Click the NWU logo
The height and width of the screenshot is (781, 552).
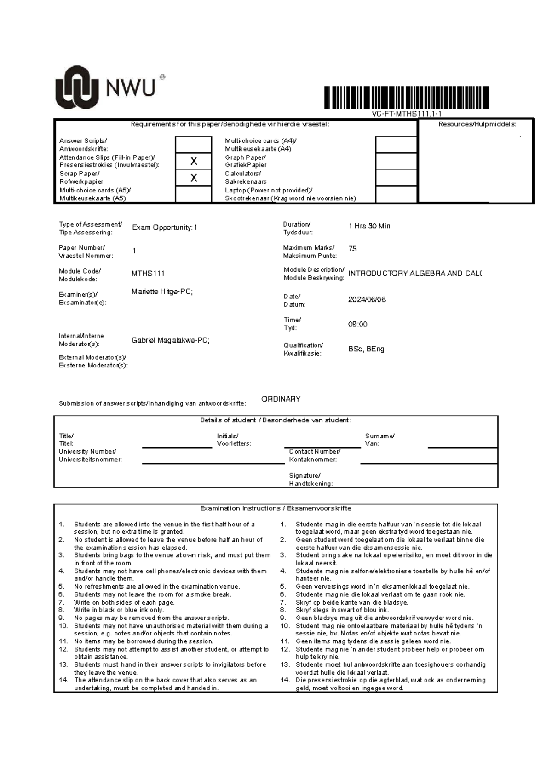coord(109,87)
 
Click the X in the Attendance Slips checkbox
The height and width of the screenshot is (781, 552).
coord(194,161)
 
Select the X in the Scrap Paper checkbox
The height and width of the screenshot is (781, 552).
coord(194,178)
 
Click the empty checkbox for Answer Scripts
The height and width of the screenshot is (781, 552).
coord(194,145)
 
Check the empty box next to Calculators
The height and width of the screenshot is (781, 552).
coord(396,178)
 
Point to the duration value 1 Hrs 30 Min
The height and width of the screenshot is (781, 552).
coord(369,226)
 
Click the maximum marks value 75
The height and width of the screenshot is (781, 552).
coord(353,249)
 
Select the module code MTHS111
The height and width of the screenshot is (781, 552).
coord(148,274)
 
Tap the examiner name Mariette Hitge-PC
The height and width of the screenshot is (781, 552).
coord(162,291)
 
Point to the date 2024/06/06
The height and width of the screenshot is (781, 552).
coord(367,299)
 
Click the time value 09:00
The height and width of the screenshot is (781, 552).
coord(358,324)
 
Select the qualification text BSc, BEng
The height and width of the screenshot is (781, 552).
coord(366,349)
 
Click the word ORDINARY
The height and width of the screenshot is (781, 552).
coord(281,399)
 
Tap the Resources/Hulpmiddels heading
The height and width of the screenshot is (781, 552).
coord(477,124)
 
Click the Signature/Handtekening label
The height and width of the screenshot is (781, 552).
coord(310,479)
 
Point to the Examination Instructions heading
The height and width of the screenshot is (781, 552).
coord(276,508)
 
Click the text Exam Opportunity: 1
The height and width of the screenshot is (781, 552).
coord(165,227)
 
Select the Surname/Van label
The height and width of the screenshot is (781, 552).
coord(379,440)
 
